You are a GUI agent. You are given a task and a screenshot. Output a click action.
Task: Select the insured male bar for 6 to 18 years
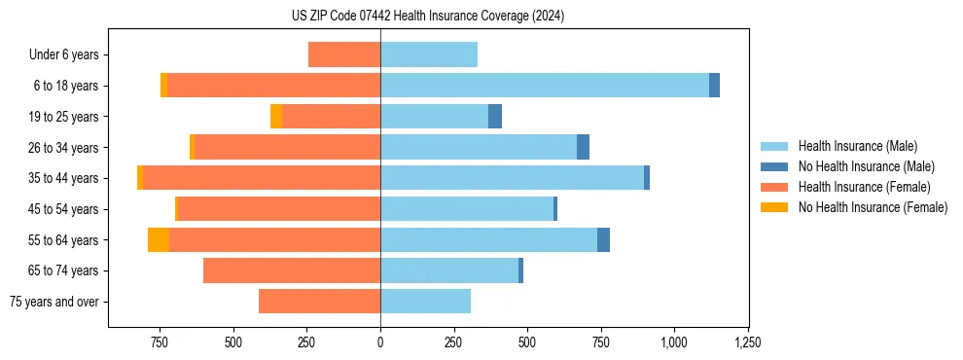tap(544, 86)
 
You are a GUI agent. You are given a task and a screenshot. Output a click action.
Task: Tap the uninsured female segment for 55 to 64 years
tap(159, 239)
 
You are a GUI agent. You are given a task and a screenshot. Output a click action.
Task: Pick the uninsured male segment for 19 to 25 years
tap(495, 117)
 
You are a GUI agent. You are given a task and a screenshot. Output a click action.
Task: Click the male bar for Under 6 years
tap(429, 54)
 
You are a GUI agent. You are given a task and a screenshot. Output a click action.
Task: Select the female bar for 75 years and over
tap(319, 302)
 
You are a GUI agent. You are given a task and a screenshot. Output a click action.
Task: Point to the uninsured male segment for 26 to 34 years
tap(583, 147)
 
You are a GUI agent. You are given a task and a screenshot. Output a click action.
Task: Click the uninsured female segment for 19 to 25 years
tap(276, 117)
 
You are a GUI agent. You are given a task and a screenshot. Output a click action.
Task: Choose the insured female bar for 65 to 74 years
tap(292, 270)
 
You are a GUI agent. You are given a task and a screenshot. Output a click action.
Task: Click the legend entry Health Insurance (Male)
tap(857, 146)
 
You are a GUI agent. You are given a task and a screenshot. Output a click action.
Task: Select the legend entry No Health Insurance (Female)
tap(873, 207)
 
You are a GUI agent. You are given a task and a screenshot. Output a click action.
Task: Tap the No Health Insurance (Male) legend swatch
tap(774, 166)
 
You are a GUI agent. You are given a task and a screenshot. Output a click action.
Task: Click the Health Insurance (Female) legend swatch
tap(774, 187)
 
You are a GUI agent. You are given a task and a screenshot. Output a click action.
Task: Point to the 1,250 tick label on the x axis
tap(747, 342)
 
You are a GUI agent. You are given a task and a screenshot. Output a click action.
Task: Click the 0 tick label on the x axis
tap(380, 342)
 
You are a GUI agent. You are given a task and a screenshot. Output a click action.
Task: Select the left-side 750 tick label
tap(160, 342)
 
